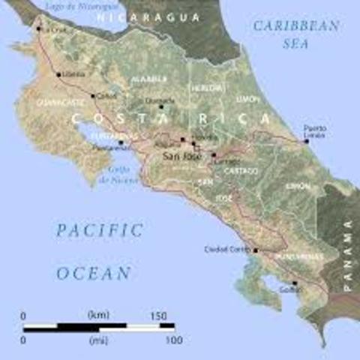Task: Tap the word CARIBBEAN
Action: point(295,25)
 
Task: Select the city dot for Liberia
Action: point(58,74)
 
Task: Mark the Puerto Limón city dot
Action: point(306,141)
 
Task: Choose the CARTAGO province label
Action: point(240,171)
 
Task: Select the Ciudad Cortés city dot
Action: point(256,250)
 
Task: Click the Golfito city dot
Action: point(295,283)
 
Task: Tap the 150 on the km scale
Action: point(157,316)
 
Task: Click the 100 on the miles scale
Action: point(173,340)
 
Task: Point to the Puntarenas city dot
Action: point(121,142)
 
